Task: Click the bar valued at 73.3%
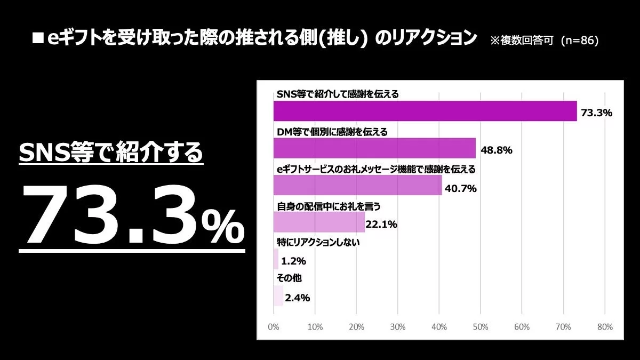(x=425, y=111)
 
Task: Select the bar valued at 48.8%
(x=374, y=148)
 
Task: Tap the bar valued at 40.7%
(x=357, y=185)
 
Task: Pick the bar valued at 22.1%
(x=319, y=222)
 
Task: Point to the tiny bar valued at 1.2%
(x=276, y=259)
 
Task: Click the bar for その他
(x=278, y=296)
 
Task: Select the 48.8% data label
(x=497, y=150)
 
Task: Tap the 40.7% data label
(x=460, y=188)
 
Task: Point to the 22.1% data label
(x=381, y=225)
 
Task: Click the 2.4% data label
(x=297, y=298)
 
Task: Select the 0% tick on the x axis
(x=273, y=326)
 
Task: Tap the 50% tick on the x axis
(x=480, y=326)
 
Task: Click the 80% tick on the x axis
(x=604, y=326)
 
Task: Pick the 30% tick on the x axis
(x=397, y=326)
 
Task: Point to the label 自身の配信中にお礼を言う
(x=329, y=205)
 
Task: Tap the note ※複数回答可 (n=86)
(x=544, y=41)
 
